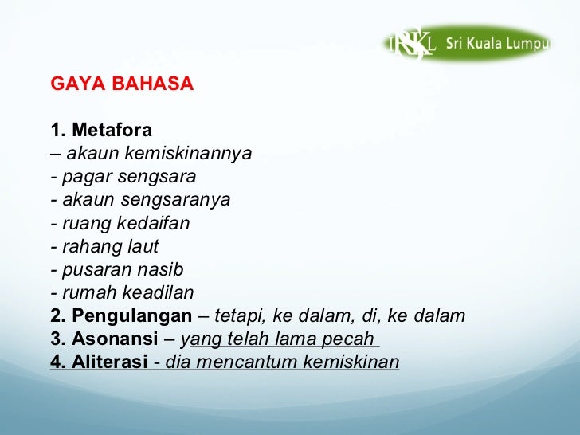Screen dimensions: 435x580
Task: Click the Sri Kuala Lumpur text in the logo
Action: click(497, 44)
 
